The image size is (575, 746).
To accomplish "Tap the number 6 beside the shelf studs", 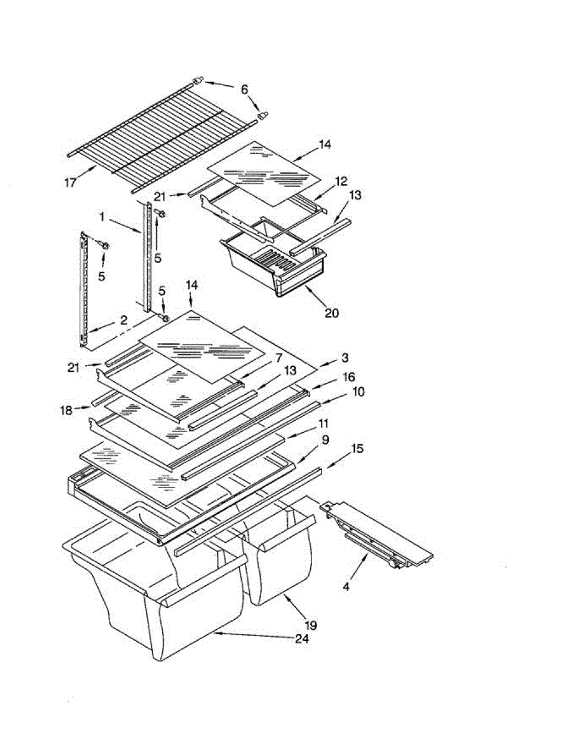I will [244, 90].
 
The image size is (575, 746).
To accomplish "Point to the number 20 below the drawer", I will [331, 313].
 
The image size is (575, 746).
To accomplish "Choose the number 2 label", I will [124, 321].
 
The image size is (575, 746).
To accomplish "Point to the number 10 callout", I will [359, 392].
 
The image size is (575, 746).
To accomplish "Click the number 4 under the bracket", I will [347, 586].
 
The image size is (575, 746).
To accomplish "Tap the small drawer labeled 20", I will [274, 264].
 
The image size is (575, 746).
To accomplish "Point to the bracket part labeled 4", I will [379, 535].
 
